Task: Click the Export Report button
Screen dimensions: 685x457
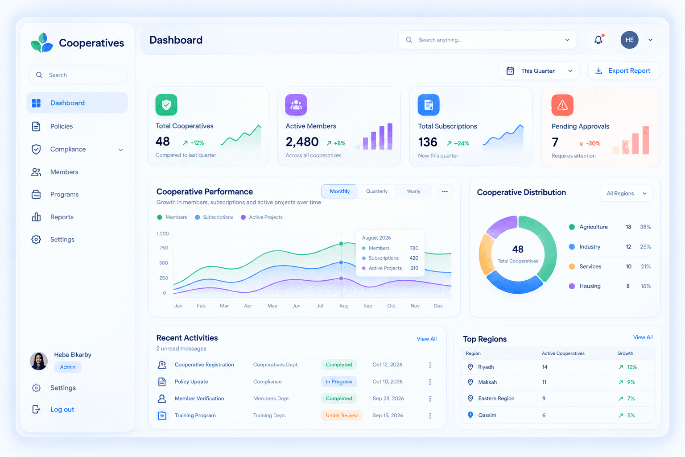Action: click(x=624, y=71)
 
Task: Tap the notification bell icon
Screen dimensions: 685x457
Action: click(x=598, y=40)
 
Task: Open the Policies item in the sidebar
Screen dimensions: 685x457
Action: click(x=62, y=126)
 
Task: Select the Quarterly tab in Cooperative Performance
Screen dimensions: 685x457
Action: click(x=377, y=191)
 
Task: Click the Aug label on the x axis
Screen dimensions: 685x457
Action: click(x=344, y=305)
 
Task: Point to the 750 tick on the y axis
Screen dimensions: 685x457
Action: click(x=164, y=248)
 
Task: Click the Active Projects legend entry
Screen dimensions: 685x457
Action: click(x=262, y=217)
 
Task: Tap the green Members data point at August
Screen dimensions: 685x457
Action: click(x=341, y=244)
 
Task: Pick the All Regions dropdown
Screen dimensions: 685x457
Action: click(x=626, y=193)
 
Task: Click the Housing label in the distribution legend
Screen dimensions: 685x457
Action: click(x=590, y=286)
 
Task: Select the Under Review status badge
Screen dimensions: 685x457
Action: click(x=342, y=415)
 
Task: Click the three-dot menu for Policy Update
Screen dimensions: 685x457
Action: click(x=430, y=382)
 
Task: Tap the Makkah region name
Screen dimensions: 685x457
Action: click(x=487, y=382)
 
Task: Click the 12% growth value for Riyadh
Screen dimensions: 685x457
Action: click(x=632, y=367)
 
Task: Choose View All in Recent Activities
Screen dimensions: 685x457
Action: click(x=427, y=339)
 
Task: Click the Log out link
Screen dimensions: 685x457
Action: click(x=62, y=409)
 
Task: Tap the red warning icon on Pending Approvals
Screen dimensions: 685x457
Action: click(x=562, y=105)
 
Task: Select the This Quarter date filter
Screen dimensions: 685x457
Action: click(x=539, y=71)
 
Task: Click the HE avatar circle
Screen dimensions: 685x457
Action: click(x=629, y=40)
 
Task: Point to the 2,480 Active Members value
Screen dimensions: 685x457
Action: click(x=302, y=142)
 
